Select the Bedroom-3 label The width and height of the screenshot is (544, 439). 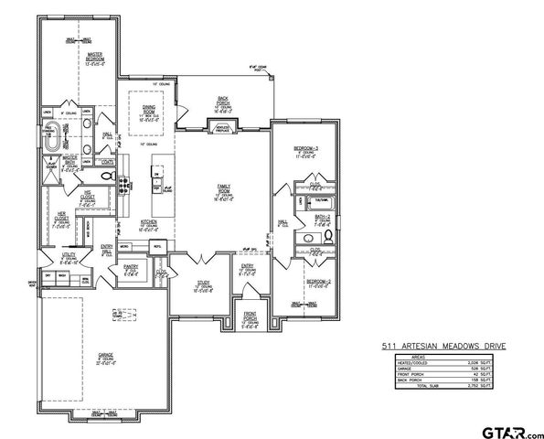pos(304,151)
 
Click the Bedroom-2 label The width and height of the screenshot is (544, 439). pos(316,283)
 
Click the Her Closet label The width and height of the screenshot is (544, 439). pos(62,220)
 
